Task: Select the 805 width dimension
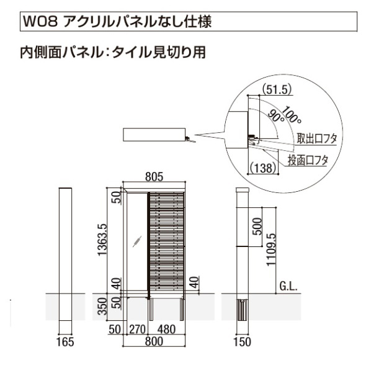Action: point(154,177)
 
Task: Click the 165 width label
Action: point(66,342)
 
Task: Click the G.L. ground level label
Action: point(289,287)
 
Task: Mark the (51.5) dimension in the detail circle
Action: point(277,89)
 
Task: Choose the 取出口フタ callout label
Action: point(316,138)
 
